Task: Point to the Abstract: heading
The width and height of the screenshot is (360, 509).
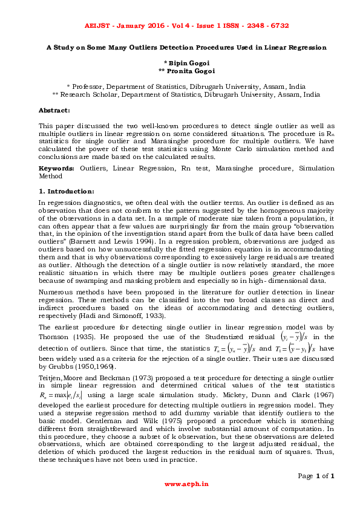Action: click(x=54, y=110)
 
